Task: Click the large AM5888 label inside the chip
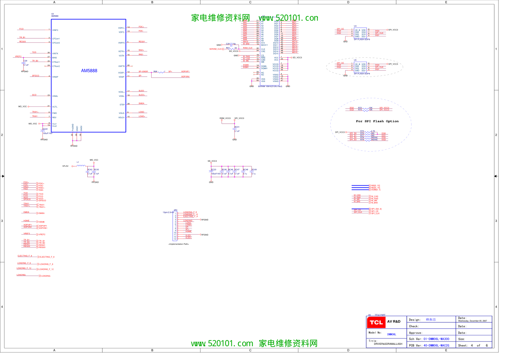point(89,71)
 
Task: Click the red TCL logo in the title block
point(376,322)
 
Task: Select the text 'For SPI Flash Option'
point(377,121)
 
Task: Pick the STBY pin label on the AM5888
point(122,105)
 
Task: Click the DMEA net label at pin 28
point(141,104)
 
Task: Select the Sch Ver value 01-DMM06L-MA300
point(436,339)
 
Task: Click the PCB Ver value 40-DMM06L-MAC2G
point(436,345)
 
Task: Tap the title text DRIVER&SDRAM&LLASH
point(388,344)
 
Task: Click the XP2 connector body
point(175,226)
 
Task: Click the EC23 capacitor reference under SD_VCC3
point(214,170)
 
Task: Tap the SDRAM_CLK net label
point(215,49)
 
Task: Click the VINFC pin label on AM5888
point(55,30)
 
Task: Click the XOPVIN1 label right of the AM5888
point(185,77)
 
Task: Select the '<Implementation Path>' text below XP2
point(179,244)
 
